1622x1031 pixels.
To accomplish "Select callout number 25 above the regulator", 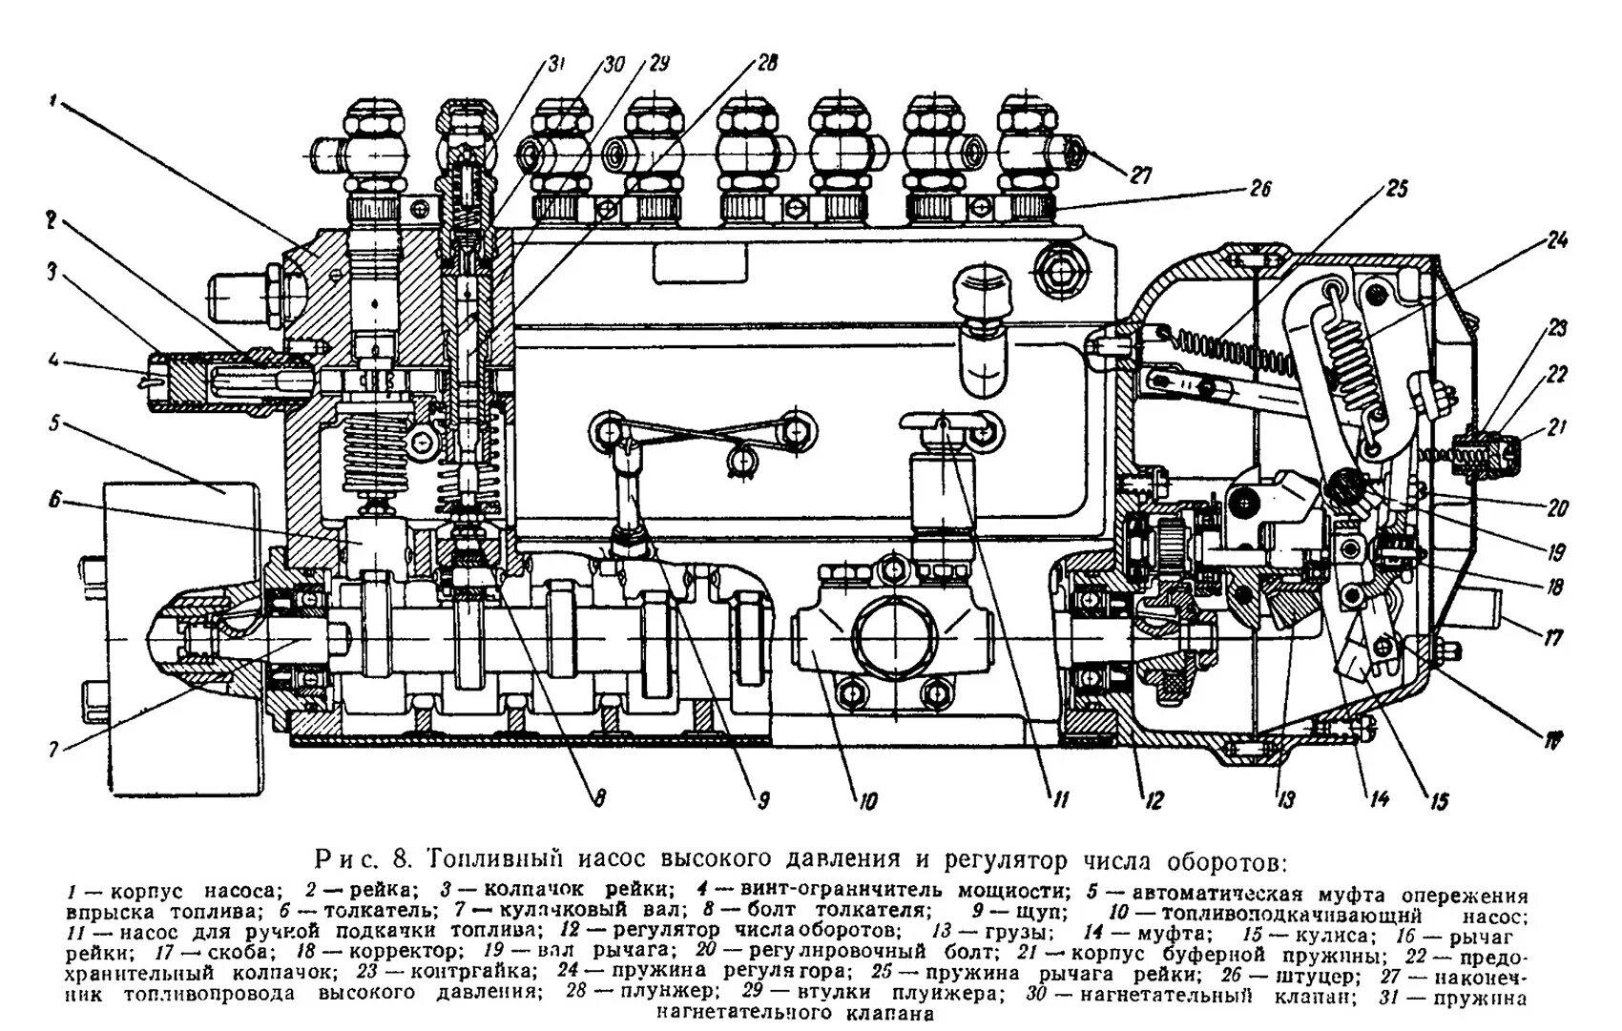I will click(1397, 188).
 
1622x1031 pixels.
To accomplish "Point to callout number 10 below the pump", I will click(865, 801).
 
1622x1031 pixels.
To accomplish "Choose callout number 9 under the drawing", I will click(762, 801).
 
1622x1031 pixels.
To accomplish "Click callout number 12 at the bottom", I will click(1154, 801).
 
